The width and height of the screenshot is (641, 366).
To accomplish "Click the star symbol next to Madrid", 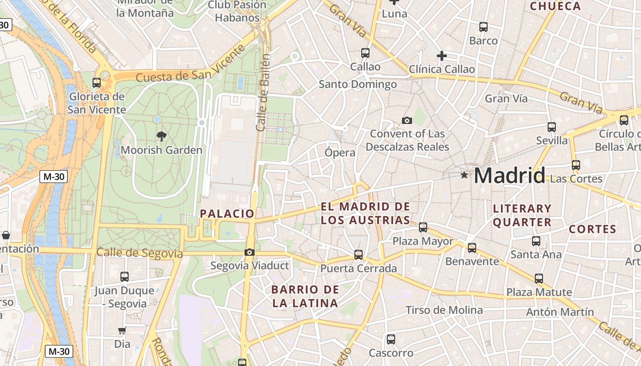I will tap(464, 175).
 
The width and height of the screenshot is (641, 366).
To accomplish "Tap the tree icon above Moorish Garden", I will tap(161, 136).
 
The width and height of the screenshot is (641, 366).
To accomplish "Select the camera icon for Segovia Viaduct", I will tap(250, 252).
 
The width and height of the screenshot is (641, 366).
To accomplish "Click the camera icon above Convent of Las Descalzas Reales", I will tap(407, 120).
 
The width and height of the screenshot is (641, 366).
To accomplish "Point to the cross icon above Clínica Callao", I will tap(441, 56).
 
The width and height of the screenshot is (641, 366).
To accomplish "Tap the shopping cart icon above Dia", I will tap(122, 330).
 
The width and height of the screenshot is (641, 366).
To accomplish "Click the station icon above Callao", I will tap(365, 53).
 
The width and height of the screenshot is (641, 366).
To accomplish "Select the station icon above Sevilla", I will tap(551, 127).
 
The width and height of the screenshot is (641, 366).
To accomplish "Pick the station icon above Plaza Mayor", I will tap(423, 227).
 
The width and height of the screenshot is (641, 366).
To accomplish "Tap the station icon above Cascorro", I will tap(391, 339).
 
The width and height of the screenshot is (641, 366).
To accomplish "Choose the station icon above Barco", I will tap(483, 27).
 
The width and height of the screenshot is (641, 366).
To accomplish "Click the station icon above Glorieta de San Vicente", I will tap(96, 83).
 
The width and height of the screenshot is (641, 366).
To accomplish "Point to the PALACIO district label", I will tap(227, 214).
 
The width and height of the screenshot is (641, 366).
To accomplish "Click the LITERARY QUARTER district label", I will tap(522, 215).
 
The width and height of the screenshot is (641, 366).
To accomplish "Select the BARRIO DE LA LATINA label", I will tap(305, 296).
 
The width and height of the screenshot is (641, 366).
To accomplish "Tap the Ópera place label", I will tap(340, 152).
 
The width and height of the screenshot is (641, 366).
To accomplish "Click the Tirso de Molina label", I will tap(444, 310).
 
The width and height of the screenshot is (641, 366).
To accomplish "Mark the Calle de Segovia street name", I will tap(140, 253).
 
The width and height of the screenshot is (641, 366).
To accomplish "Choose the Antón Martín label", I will tap(560, 312).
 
